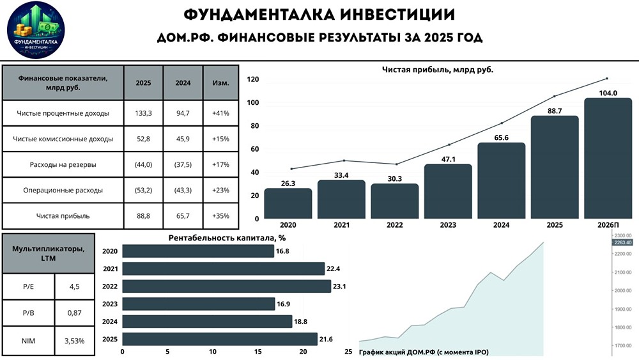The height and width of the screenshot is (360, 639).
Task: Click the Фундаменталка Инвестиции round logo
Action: [x=36, y=30]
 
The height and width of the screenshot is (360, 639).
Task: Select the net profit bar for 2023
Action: [x=447, y=191]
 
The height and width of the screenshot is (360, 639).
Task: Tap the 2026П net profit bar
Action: [x=608, y=158]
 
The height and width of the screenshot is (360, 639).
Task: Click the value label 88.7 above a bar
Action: [x=555, y=111]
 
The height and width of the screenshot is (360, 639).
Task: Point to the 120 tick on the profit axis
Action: [x=252, y=79]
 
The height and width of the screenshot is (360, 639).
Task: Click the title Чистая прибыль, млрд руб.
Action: [x=438, y=69]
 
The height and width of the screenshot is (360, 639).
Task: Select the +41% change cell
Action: [x=220, y=113]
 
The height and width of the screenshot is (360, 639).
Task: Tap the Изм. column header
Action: [x=220, y=83]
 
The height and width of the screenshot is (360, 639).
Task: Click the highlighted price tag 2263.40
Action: [x=621, y=243]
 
